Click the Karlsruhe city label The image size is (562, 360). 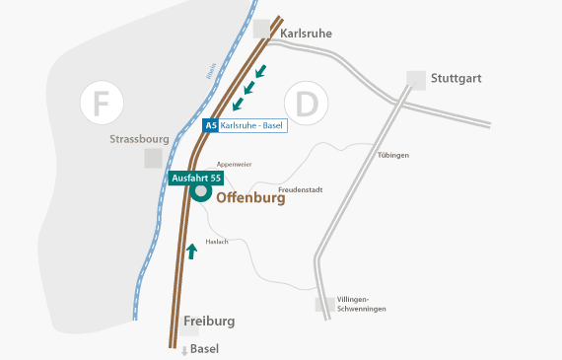[x=306, y=33]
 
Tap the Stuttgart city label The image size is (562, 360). [x=456, y=78]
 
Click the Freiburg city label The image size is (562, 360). [x=209, y=322]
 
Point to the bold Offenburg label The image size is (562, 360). [x=250, y=197]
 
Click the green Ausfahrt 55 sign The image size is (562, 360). [x=197, y=178]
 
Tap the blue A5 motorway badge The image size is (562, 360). [x=210, y=126]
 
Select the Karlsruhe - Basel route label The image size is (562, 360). [x=253, y=126]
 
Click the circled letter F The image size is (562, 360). [x=101, y=104]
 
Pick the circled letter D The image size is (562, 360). [x=306, y=104]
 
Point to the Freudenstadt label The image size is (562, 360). [x=301, y=187]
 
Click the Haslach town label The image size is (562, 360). [x=217, y=242]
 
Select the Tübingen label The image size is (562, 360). [x=392, y=155]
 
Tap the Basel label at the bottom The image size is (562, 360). [x=203, y=349]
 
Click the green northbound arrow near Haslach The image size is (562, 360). [x=191, y=252]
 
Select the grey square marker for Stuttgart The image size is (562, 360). [x=416, y=79]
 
